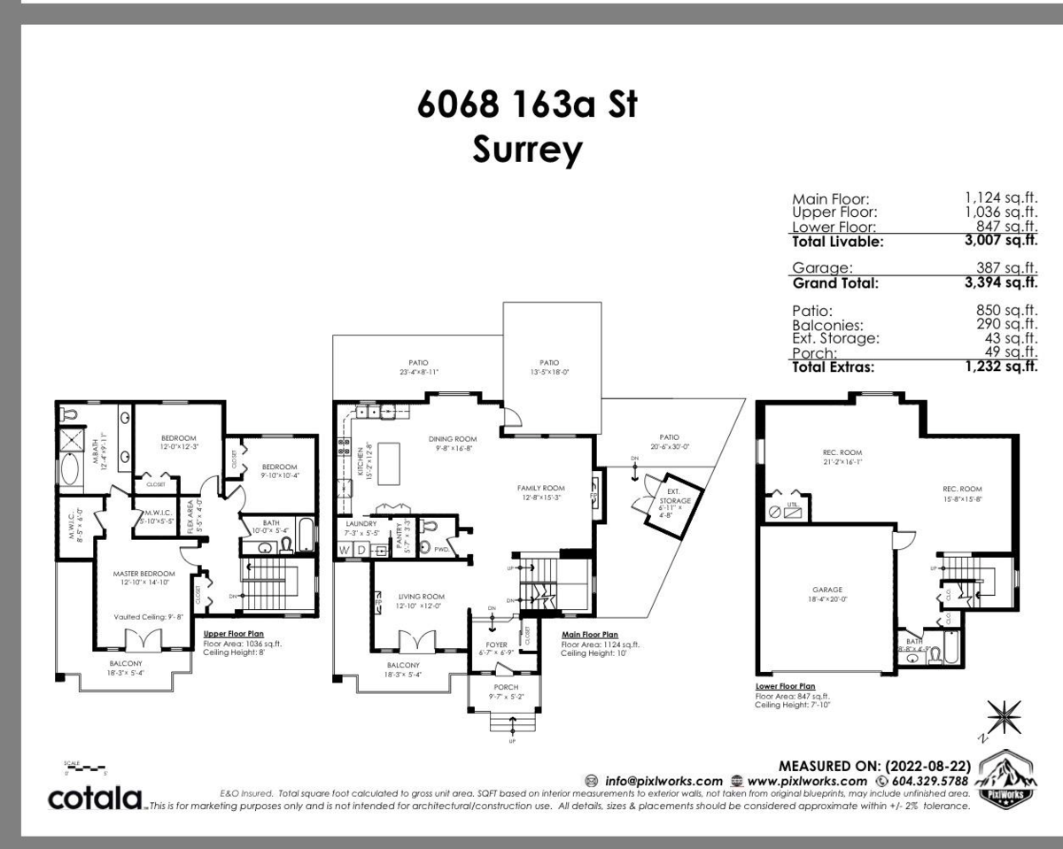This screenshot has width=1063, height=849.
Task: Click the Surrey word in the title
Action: (x=527, y=150)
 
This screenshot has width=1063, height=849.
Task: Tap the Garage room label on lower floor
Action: (x=826, y=590)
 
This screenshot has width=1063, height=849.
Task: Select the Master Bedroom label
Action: (x=144, y=574)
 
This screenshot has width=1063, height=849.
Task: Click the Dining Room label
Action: (x=453, y=438)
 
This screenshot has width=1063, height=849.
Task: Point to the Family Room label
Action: (x=540, y=488)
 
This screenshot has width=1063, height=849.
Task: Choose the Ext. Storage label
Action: (x=679, y=495)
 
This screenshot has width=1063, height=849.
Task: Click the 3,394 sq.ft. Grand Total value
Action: (x=1001, y=283)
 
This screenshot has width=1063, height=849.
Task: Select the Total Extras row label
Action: (x=837, y=367)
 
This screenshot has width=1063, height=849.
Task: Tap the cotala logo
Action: (x=96, y=798)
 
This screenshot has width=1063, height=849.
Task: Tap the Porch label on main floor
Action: (x=506, y=687)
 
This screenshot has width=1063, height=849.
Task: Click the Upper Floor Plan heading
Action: (x=235, y=635)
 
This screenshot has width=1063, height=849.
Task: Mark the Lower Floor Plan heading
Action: (x=785, y=686)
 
